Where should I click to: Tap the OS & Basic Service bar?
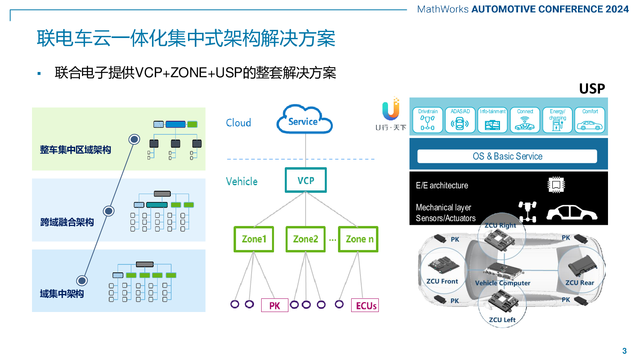(507, 156)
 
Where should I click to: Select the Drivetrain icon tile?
(428, 120)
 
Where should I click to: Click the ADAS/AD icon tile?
(460, 120)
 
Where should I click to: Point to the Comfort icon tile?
(590, 120)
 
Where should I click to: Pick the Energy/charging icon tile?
(558, 120)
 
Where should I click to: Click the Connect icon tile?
(525, 120)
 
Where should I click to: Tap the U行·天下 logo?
(390, 114)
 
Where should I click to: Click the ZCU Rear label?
(580, 282)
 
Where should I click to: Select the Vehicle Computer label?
(502, 283)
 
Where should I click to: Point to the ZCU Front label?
(442, 281)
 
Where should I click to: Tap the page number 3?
(624, 351)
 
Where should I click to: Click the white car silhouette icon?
(572, 212)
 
